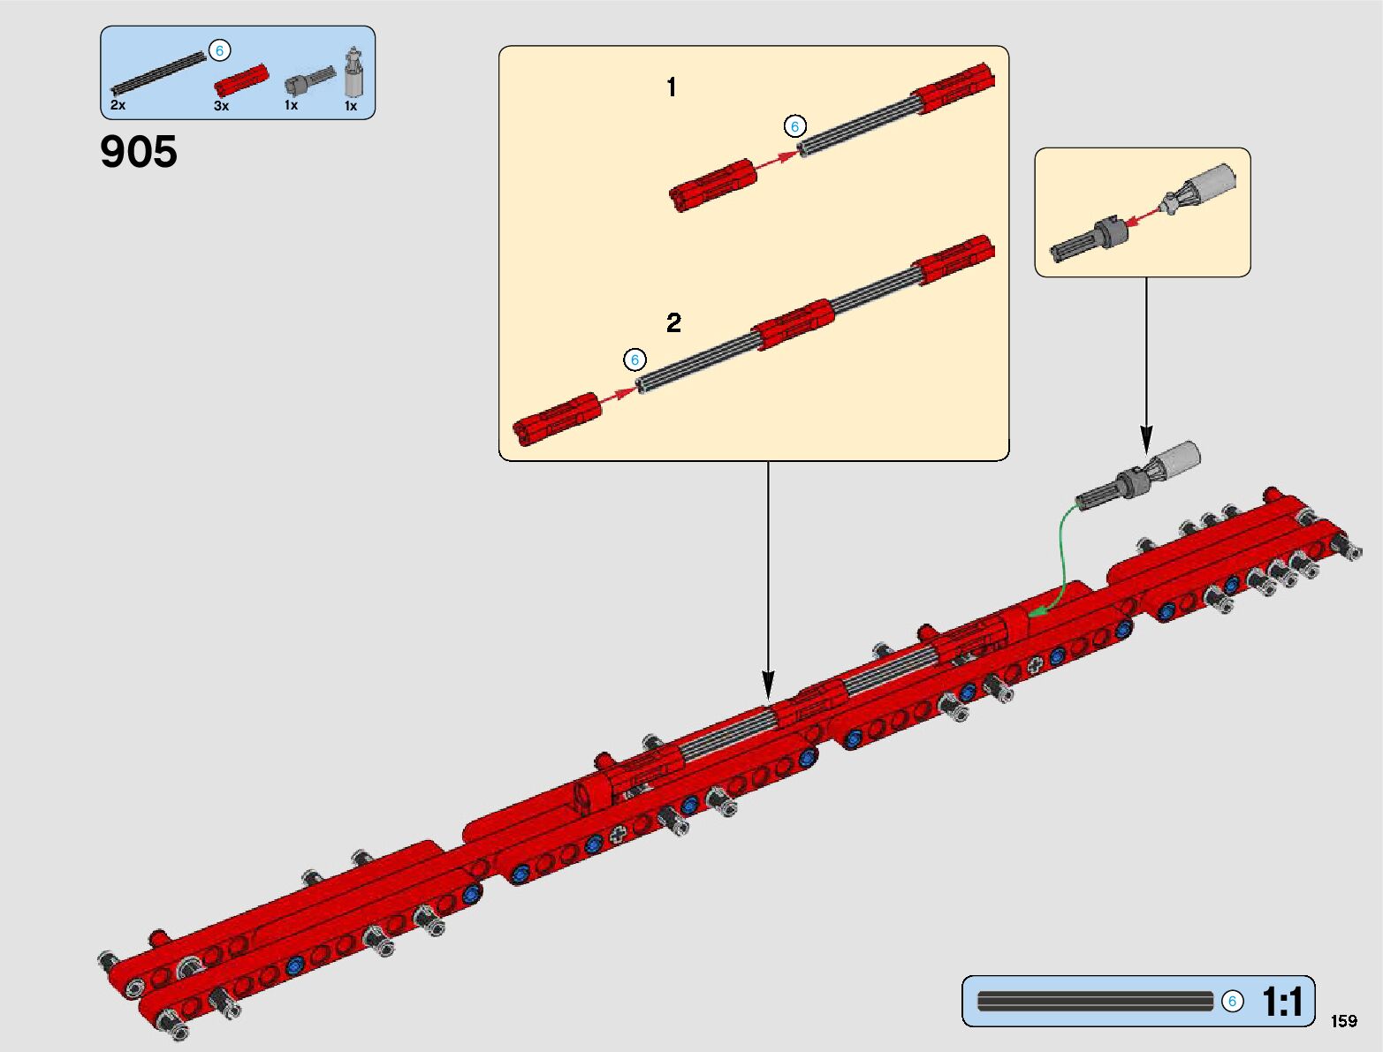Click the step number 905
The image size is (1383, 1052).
click(x=139, y=152)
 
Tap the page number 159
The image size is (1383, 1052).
click(x=1344, y=1021)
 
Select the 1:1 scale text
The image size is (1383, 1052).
click(x=1281, y=1002)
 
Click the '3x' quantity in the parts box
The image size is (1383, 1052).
click(x=221, y=106)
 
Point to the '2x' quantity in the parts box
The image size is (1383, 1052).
click(x=118, y=104)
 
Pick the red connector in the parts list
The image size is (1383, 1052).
click(x=241, y=80)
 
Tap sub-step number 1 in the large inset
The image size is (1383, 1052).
click(x=672, y=87)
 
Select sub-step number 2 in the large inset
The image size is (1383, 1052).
click(x=673, y=323)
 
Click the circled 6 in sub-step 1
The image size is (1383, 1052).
click(x=794, y=126)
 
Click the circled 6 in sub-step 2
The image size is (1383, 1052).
click(x=635, y=359)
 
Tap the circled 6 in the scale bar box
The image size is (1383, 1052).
click(x=1232, y=1001)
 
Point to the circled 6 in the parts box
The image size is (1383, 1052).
click(x=219, y=50)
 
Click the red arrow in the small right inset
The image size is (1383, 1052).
click(x=1143, y=216)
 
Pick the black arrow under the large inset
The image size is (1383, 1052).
click(x=768, y=580)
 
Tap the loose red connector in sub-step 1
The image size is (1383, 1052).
click(x=712, y=185)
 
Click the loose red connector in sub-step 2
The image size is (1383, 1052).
click(x=557, y=420)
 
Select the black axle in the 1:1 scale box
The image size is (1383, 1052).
click(x=1095, y=1001)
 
